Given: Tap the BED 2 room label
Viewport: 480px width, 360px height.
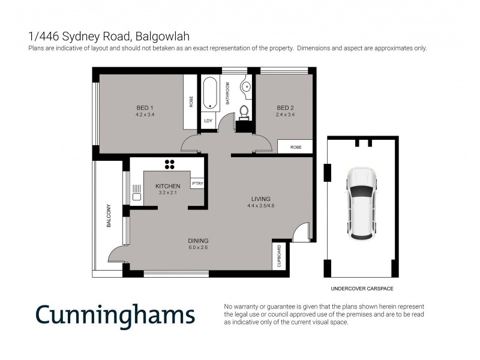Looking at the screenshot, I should (x=284, y=108).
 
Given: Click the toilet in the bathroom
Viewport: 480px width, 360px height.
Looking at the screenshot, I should (x=244, y=112).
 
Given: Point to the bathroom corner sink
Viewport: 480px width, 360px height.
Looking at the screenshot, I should (x=247, y=87).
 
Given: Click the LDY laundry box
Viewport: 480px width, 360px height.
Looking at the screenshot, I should (x=208, y=121).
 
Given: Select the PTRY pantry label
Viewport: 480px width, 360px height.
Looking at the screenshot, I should (x=197, y=183).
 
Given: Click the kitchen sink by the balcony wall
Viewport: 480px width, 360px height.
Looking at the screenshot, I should (x=136, y=193).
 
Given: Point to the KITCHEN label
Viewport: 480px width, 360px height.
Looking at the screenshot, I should (x=167, y=186).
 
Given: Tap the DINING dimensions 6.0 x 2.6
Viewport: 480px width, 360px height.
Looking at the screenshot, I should (x=197, y=247).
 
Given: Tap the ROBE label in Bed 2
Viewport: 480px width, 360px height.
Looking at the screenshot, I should (x=295, y=147).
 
